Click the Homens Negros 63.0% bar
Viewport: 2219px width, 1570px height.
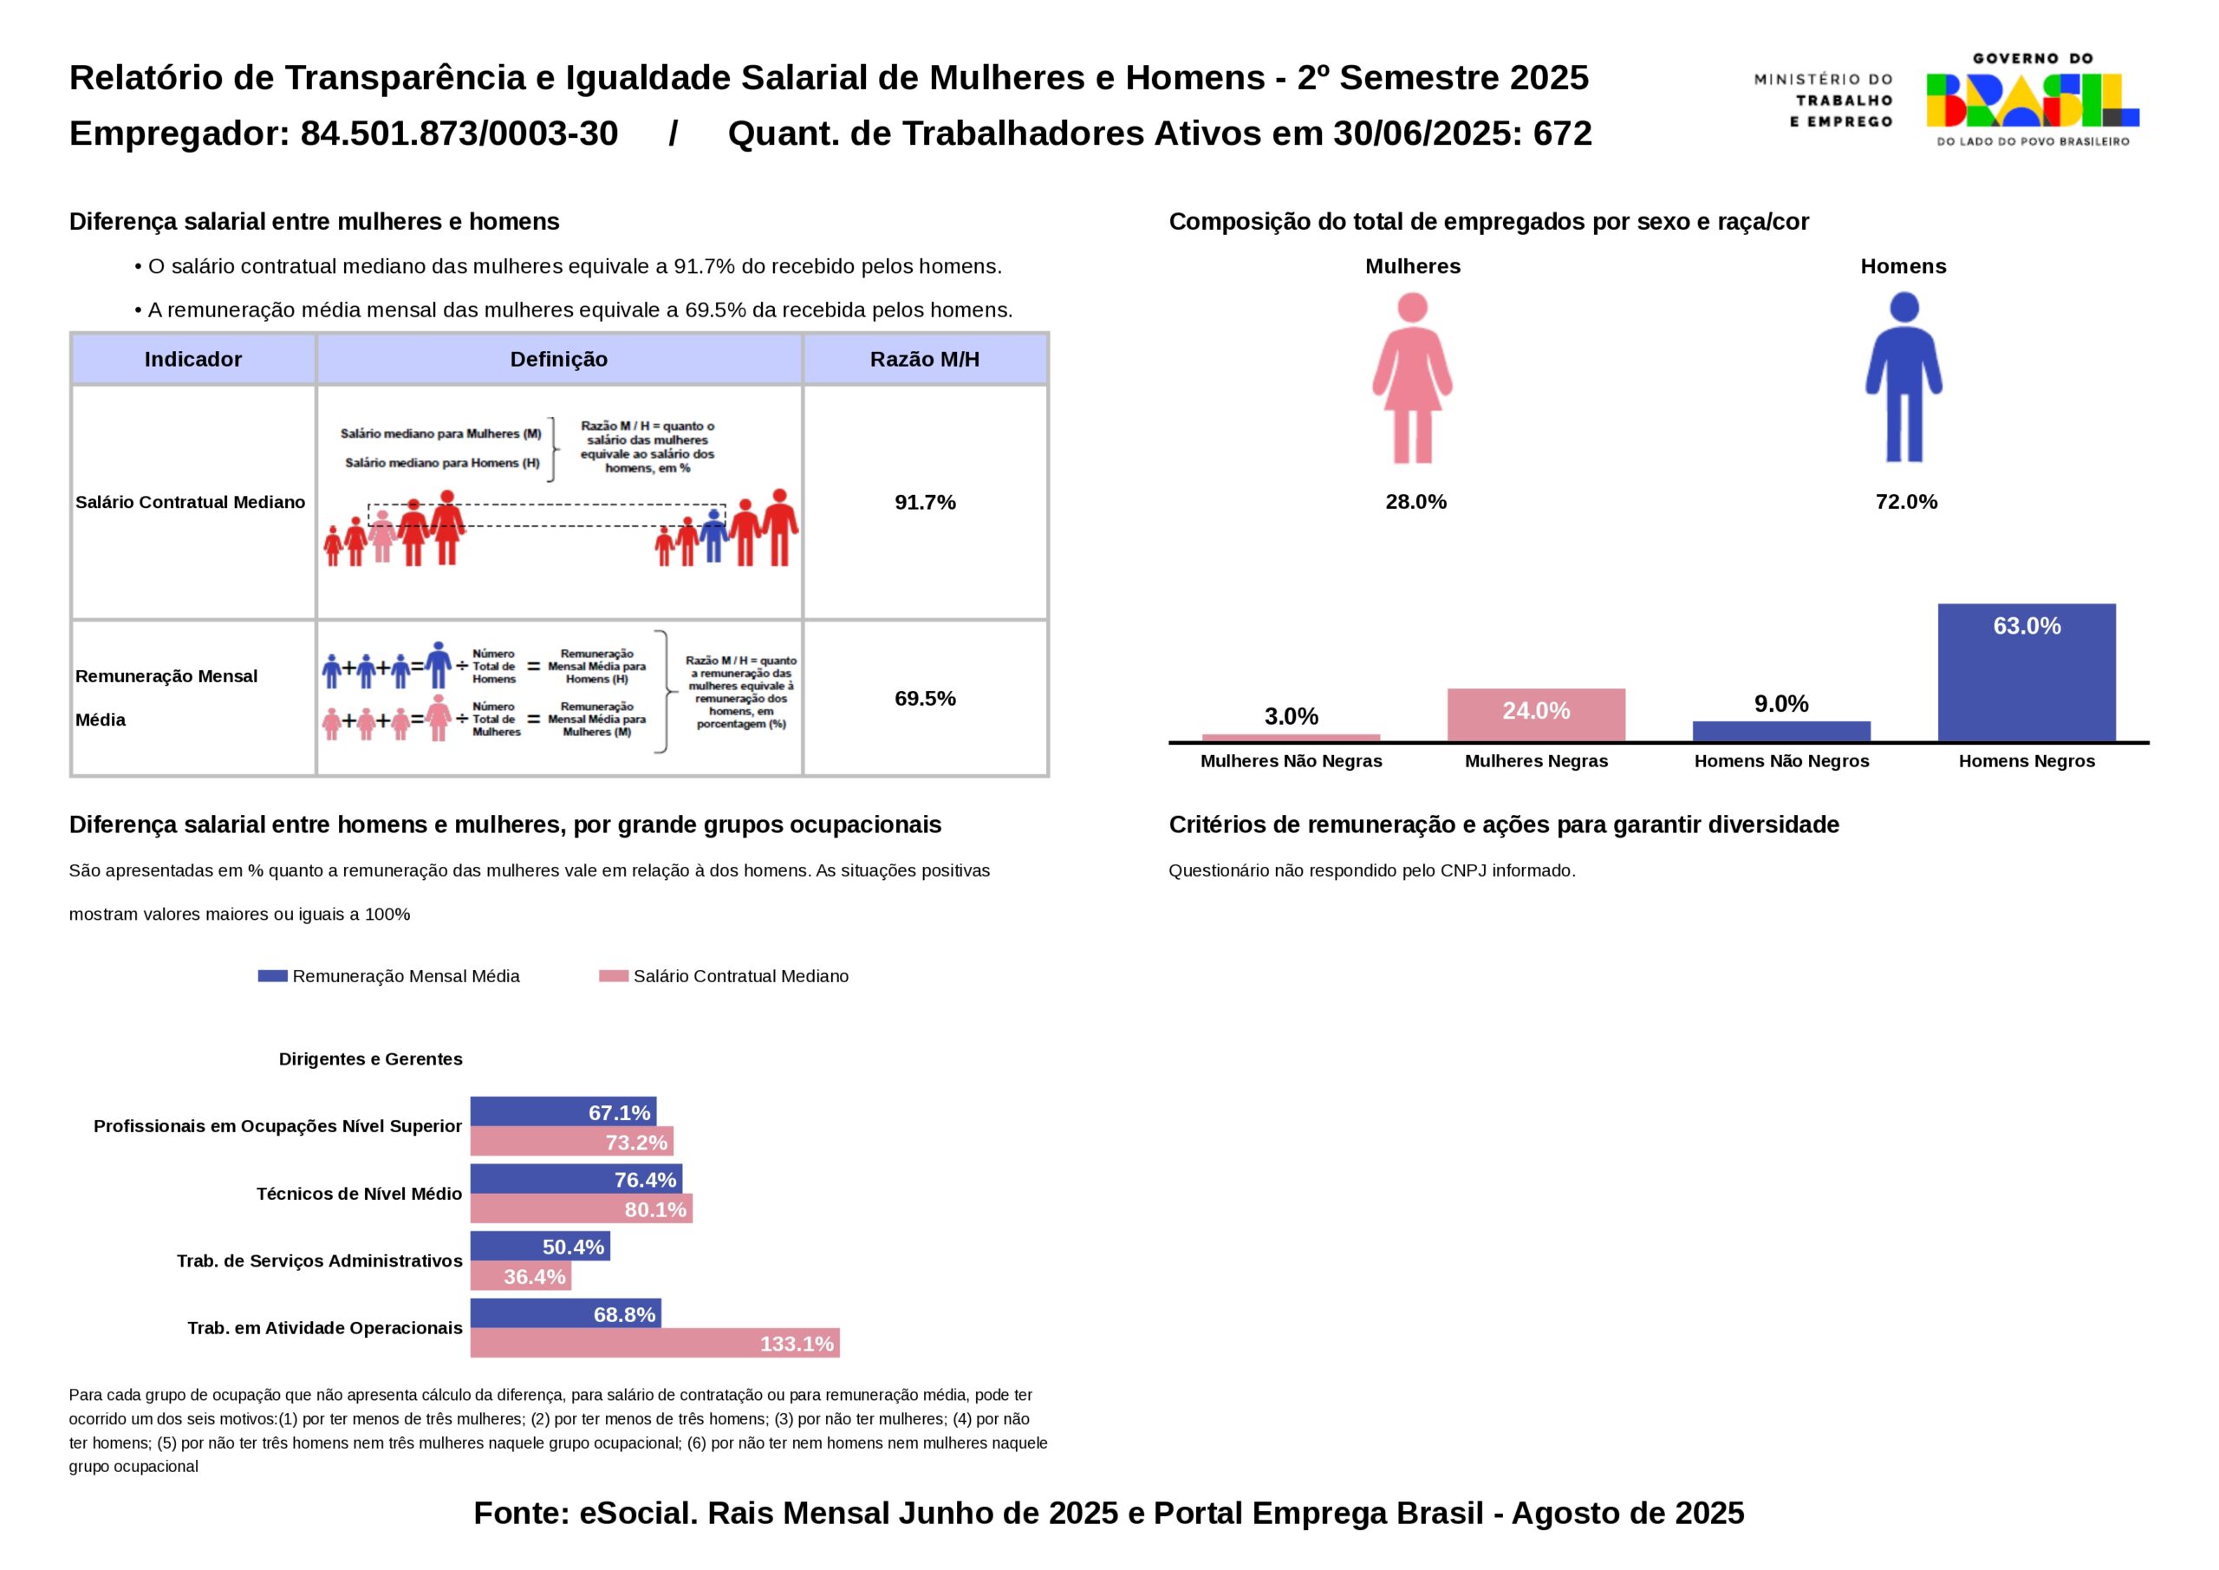coord(2026,673)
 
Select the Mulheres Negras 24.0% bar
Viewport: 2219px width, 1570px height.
coord(1536,714)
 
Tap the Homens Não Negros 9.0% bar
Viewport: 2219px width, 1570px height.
coord(1781,731)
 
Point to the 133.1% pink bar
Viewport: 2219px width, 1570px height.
coord(654,1343)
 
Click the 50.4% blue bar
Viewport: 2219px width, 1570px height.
coord(539,1246)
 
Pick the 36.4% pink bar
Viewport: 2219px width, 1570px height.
coord(520,1276)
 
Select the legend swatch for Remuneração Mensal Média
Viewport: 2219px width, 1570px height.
coord(272,976)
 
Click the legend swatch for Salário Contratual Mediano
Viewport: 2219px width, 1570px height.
coord(614,976)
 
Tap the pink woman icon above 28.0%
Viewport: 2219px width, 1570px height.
coord(1412,378)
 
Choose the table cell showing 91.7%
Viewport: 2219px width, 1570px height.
coord(925,502)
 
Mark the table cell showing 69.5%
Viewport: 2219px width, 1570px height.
coord(925,698)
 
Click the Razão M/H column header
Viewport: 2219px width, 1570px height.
coord(925,360)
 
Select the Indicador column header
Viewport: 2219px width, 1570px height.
coord(193,360)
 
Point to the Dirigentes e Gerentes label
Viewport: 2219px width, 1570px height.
coord(370,1059)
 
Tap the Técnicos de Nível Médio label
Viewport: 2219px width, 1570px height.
coord(359,1194)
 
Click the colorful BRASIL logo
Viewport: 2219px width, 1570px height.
coord(2033,101)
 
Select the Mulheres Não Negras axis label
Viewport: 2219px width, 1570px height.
coord(1292,761)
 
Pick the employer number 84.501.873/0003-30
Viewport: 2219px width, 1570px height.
coord(459,134)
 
